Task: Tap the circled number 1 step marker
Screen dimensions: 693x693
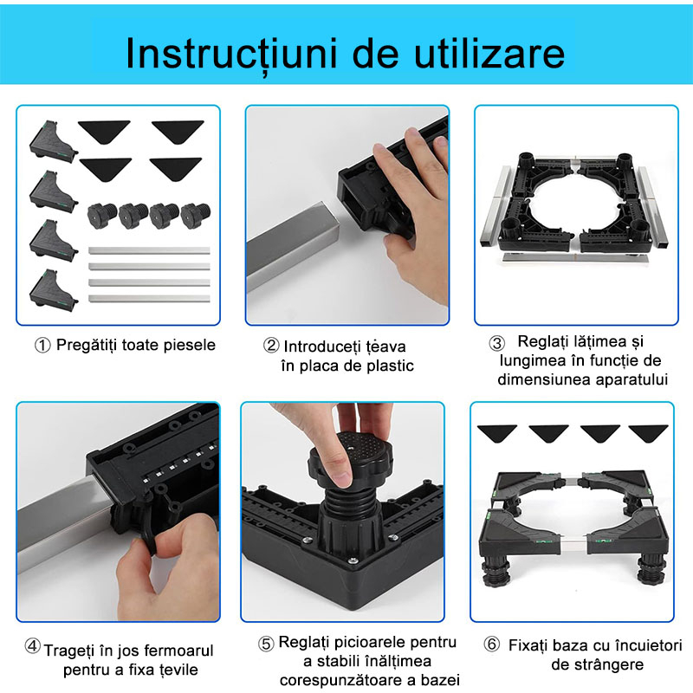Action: coord(42,345)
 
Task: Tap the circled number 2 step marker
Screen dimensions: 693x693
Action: coord(271,345)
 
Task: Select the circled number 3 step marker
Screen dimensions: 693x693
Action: coord(497,342)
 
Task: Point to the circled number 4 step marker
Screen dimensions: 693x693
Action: coord(32,647)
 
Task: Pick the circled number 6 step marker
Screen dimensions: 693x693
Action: coord(492,645)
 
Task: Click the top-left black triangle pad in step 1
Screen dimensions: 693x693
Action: coord(104,129)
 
